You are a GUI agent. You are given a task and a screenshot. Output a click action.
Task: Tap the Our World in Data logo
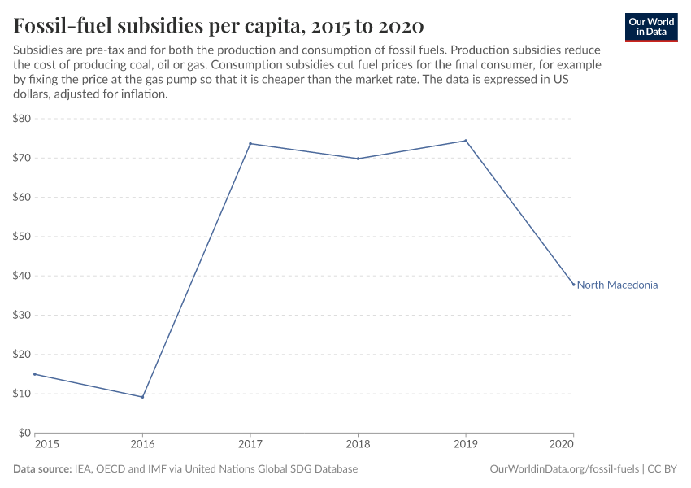pos(651,27)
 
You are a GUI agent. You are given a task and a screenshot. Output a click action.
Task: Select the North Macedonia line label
pos(617,285)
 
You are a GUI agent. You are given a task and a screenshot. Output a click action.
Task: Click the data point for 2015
pos(35,374)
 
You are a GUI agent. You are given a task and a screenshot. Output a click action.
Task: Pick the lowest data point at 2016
pos(143,397)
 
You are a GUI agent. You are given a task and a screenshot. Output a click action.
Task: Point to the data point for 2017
pos(250,144)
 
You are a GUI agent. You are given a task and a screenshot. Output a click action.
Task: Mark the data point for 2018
pos(358,159)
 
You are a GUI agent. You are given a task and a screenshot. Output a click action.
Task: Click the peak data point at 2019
pos(466,141)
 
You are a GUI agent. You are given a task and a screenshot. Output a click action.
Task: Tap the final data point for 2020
pos(573,285)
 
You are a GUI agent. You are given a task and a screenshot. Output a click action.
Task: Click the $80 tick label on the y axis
pos(22,119)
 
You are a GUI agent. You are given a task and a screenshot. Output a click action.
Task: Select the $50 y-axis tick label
pos(22,237)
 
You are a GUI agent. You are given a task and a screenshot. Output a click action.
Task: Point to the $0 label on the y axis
pos(24,433)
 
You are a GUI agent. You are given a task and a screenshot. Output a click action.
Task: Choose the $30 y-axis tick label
pos(22,316)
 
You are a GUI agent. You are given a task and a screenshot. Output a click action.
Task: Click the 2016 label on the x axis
pos(143,446)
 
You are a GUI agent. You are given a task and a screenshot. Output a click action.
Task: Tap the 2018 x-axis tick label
pos(358,446)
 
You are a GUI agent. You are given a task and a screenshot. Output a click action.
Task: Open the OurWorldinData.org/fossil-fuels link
pos(565,469)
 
